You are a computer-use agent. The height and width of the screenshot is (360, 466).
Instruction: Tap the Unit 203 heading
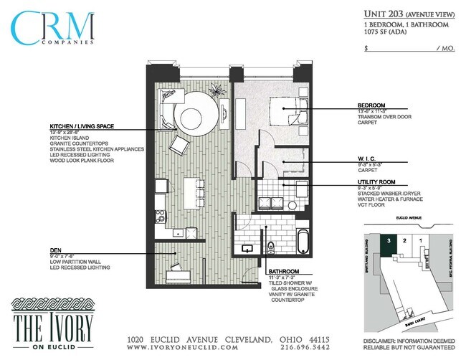(x=384, y=14)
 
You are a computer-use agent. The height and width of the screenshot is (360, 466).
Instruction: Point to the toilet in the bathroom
(x=270, y=249)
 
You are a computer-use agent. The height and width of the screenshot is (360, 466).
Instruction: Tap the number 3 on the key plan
(x=389, y=241)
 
